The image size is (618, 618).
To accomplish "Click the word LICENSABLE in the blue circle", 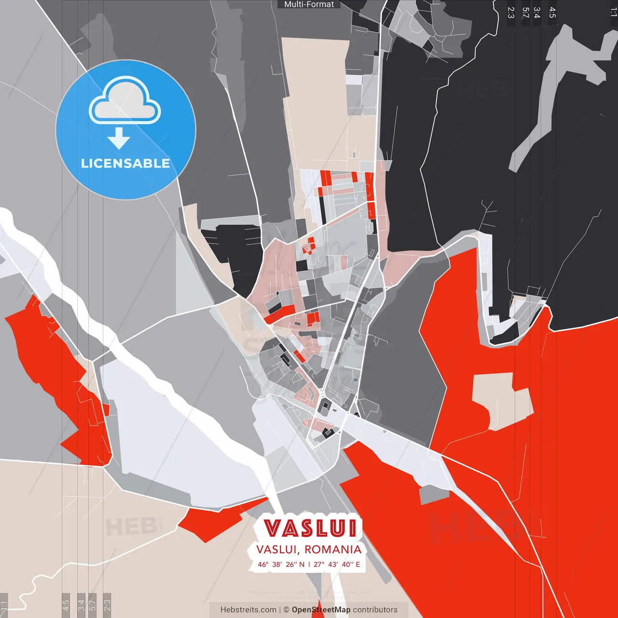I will tap(125, 163).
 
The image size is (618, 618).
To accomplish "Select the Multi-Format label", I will tap(309, 4).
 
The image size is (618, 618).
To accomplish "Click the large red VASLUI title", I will tap(310, 529).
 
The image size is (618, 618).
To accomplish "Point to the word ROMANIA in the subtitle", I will tap(333, 549).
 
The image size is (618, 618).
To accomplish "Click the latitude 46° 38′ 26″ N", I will tap(281, 564).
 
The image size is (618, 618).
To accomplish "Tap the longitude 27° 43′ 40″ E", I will tap(337, 564).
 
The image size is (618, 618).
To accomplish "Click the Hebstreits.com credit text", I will tap(249, 610).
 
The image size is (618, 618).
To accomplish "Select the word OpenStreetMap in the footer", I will tap(321, 610).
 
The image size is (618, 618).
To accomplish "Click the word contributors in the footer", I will tap(375, 610).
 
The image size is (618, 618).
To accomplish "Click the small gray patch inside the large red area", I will tap(434, 494).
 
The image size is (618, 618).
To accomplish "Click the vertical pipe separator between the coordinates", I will tap(309, 564).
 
